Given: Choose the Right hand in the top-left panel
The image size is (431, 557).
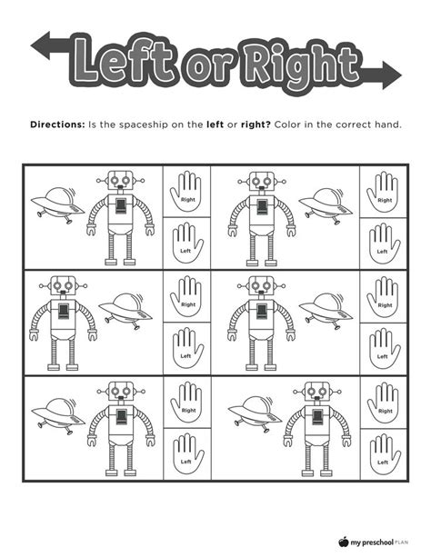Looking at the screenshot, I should click(186, 192).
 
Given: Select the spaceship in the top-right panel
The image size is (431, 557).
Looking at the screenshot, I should click(319, 202).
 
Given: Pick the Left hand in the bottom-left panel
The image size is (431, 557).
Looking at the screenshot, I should click(186, 453).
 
